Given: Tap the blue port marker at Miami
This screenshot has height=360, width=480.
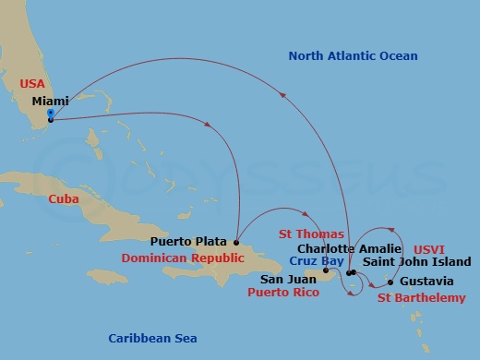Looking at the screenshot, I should pos(50,116).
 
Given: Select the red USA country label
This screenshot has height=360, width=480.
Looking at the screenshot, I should pos(31,83).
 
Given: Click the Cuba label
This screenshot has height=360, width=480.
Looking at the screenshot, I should pos(63,198).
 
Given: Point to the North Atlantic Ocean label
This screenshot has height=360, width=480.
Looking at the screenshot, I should pos(353,56).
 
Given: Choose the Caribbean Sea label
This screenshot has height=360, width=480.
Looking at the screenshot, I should pos(151,338).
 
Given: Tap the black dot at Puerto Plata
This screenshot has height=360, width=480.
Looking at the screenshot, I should pos(237,244).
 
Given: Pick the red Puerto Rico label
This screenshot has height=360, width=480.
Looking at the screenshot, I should pos(284,293).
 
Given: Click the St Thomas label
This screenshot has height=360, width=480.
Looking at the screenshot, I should pos(305,234).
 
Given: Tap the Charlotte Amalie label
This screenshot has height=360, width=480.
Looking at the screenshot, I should pos(350,248).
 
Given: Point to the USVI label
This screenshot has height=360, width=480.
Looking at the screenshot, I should pos(429,248).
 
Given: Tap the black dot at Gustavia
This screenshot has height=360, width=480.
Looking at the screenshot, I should pos(390,282).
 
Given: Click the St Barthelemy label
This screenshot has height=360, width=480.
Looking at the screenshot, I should pos(422,297).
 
